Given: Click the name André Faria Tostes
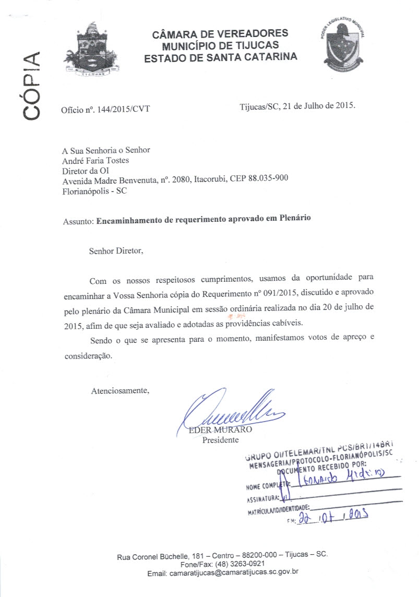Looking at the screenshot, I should [x=95, y=160].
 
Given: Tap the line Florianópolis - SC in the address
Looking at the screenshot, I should [x=94, y=190].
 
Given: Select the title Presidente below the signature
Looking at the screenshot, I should [x=220, y=440].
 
